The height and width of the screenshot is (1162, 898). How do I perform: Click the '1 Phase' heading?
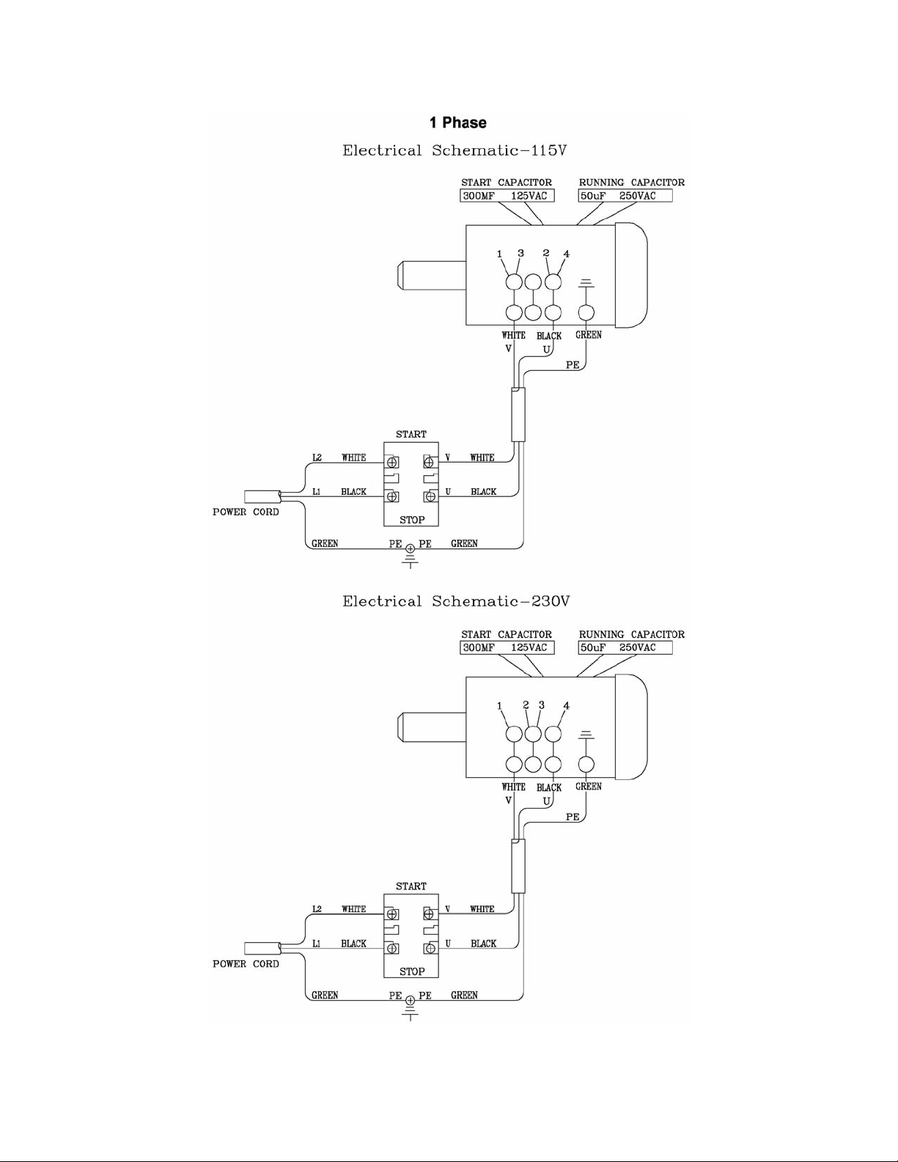(458, 122)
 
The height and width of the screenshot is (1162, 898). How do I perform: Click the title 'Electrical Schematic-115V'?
(454, 150)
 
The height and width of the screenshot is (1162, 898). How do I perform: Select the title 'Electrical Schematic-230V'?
(456, 602)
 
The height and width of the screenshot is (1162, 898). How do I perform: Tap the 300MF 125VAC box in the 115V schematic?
(507, 196)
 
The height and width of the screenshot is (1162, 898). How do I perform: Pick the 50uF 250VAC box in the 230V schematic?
(625, 647)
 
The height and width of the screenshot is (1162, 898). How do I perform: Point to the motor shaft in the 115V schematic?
(432, 276)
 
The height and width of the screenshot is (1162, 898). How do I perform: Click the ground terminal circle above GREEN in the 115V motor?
(586, 312)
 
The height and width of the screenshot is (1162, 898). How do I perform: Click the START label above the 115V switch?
(411, 434)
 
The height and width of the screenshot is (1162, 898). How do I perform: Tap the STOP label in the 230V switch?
(412, 971)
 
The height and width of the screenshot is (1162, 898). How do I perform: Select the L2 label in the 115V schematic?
(317, 457)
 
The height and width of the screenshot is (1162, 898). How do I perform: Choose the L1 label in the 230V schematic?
(317, 944)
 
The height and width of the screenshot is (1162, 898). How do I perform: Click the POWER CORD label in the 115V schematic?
(246, 512)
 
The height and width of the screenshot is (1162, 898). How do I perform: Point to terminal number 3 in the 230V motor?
(542, 705)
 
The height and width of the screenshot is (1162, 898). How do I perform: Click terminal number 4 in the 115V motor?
(567, 254)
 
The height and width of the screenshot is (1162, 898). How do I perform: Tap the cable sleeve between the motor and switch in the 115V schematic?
(518, 415)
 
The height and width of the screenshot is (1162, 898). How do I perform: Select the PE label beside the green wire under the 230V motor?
(573, 817)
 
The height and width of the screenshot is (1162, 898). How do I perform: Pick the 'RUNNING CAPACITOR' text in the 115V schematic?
(631, 183)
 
